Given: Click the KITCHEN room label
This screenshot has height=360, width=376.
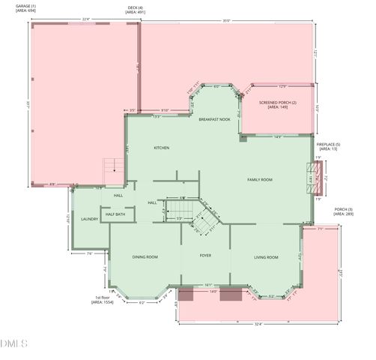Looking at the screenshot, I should (161, 148).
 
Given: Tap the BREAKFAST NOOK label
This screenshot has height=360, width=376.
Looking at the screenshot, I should (214, 119).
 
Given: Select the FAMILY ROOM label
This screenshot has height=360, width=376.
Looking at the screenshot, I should (259, 180).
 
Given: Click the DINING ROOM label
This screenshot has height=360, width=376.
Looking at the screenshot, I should (145, 257).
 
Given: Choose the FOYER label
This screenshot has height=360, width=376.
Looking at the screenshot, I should (204, 256).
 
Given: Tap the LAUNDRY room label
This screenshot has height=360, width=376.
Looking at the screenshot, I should (90, 220).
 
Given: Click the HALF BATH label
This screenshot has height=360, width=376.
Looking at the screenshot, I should (115, 214).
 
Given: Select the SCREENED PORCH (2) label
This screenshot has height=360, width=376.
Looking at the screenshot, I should (278, 104).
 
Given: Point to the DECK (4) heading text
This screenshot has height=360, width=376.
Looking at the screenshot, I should (136, 8).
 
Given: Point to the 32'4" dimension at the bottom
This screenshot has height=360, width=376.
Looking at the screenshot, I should (258, 325).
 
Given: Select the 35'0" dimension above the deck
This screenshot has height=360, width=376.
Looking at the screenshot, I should (225, 20).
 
